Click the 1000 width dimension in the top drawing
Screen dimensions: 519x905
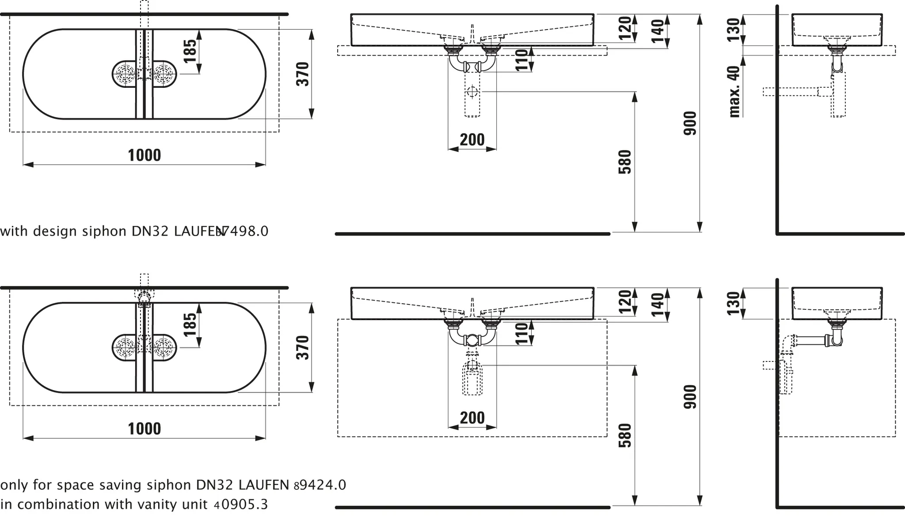tap(144, 155)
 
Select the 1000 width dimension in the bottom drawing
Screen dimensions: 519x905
tap(144, 429)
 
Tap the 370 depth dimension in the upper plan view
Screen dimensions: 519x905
tap(303, 74)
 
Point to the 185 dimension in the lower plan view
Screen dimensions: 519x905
tap(190, 324)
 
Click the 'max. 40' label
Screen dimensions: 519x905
tap(734, 91)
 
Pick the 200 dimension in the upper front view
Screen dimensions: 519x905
tap(472, 140)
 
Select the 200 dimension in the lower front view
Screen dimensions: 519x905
tap(472, 418)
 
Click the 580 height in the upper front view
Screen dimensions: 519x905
tap(624, 162)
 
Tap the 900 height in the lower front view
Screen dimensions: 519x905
tap(690, 397)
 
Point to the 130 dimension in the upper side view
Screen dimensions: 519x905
tap(733, 30)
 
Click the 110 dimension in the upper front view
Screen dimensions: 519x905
tap(522, 60)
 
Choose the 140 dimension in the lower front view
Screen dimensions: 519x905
tap(658, 305)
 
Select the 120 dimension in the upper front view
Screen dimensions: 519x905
tap(624, 28)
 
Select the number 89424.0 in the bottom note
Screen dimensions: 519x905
tap(319, 485)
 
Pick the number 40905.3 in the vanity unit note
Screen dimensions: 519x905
tap(240, 504)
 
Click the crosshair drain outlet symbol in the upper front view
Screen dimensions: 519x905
tap(472, 92)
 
